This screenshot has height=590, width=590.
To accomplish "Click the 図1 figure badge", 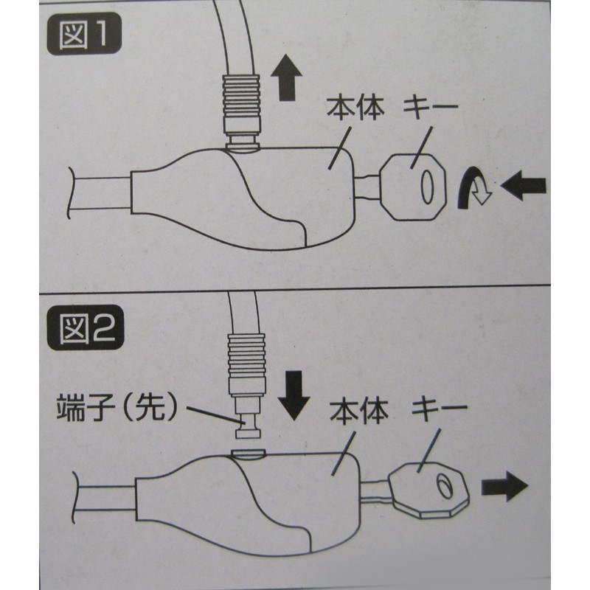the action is click(x=84, y=34).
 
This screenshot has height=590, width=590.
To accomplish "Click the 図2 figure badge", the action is click(x=86, y=327).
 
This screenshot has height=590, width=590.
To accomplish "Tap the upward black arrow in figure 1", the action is click(x=287, y=77).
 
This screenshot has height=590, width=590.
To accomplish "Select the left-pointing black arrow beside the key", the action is click(x=524, y=185).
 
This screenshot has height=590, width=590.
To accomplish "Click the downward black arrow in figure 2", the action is click(x=294, y=395).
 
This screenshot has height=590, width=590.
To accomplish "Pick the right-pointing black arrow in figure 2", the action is click(x=505, y=486).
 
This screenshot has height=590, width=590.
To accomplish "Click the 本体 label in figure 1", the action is click(x=355, y=108).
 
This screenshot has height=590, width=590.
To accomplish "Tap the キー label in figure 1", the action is click(x=430, y=106).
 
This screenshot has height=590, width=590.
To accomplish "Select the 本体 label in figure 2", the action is click(x=359, y=412).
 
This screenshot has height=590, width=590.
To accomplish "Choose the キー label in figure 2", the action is click(x=440, y=409).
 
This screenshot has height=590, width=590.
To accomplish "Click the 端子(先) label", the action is click(x=117, y=408).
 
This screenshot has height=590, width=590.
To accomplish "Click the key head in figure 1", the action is click(x=413, y=187).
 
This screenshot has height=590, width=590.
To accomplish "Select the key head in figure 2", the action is click(x=429, y=490).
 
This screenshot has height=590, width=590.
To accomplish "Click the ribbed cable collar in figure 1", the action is click(x=242, y=105).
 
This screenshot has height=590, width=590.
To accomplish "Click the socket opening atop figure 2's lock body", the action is click(x=249, y=454).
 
